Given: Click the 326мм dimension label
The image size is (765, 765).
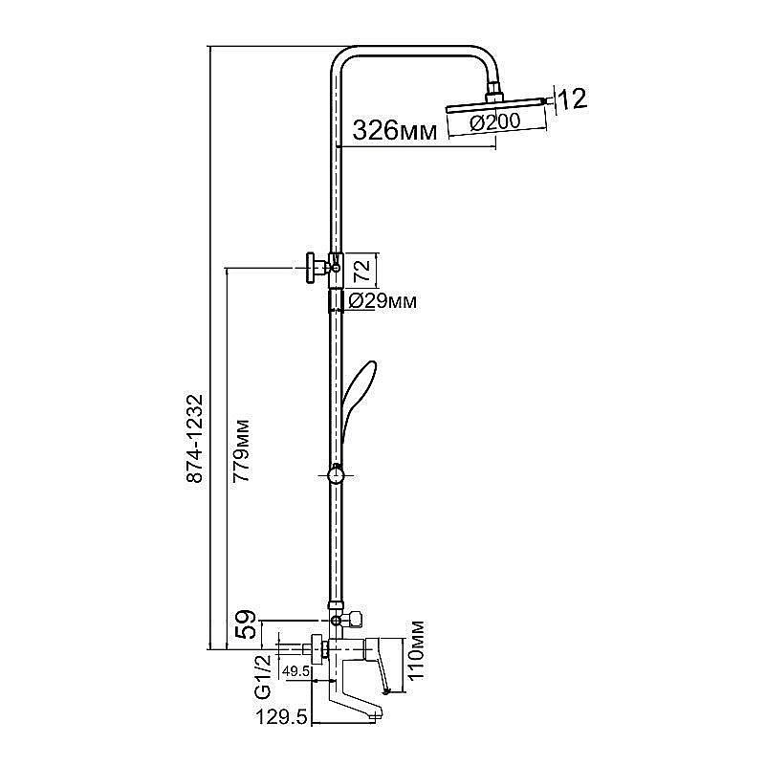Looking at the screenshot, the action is (394, 130).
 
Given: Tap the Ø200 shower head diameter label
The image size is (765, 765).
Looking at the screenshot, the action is (495, 121).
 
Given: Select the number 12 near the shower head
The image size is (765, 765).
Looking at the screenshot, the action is (572, 99).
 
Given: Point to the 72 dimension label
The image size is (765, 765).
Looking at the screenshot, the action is (362, 270).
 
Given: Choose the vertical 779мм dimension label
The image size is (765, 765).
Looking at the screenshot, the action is (241, 450).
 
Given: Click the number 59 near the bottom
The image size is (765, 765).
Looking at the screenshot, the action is (246, 623).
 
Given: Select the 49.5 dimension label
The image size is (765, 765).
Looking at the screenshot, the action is (296, 671).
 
